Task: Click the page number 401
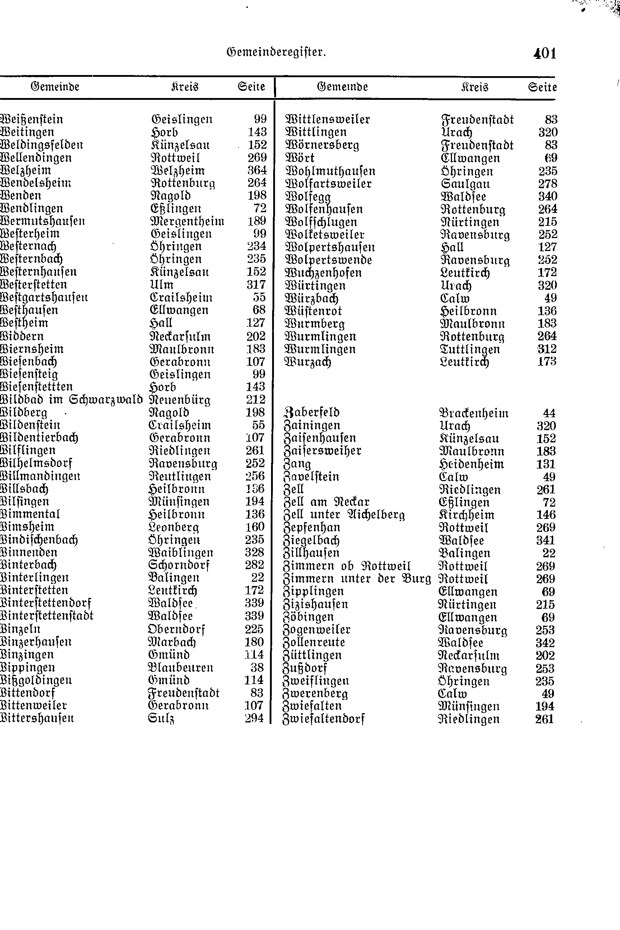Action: [545, 54]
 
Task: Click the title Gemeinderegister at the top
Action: [276, 52]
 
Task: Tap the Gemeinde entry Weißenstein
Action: [32, 119]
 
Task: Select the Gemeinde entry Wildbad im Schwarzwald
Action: [71, 399]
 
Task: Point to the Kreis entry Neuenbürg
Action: [180, 400]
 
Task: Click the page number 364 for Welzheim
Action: [257, 171]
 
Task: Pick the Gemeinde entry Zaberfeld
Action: [312, 413]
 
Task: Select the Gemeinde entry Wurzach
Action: [308, 362]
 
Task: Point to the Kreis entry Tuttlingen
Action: [470, 349]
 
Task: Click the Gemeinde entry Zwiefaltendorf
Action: [323, 719]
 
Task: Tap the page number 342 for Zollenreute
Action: [545, 642]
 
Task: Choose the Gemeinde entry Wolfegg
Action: [308, 196]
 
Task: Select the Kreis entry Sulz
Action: [161, 718]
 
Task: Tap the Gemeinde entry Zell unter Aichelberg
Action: [344, 515]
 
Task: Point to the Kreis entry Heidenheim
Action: [471, 464]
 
